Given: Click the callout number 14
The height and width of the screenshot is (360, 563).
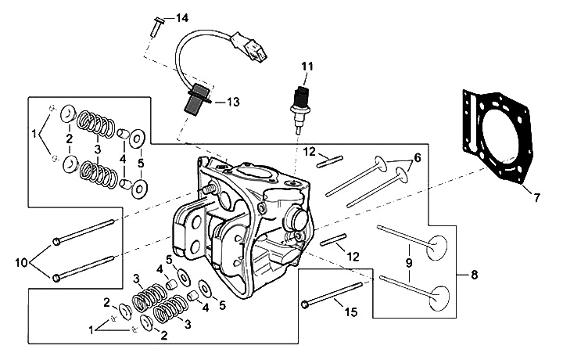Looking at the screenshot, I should click(x=181, y=17).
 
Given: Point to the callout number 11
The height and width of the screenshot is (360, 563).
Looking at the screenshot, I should click(x=306, y=67).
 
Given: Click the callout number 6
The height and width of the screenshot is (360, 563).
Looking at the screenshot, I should click(x=417, y=157).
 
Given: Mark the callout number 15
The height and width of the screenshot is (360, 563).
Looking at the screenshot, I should click(x=350, y=312).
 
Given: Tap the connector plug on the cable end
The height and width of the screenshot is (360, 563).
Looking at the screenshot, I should click(x=253, y=51).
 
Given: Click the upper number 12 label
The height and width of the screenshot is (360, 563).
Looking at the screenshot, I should click(x=310, y=151).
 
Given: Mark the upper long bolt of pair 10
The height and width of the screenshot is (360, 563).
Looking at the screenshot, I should click(x=86, y=232).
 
